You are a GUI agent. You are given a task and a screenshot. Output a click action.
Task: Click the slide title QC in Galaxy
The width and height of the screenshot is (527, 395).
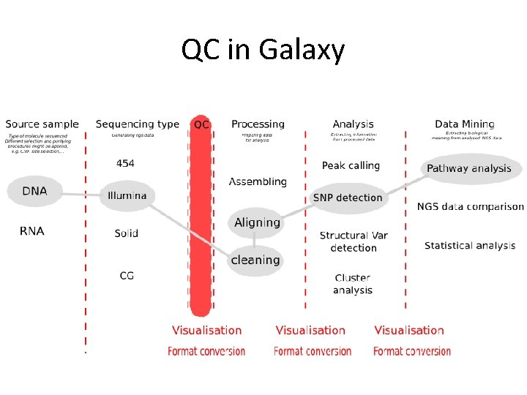click(263, 50)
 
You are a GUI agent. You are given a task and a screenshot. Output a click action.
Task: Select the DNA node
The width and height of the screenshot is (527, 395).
click(34, 192)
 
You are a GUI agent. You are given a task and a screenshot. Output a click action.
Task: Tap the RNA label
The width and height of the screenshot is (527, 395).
click(31, 231)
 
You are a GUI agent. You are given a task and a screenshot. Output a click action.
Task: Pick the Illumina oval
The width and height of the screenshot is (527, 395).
click(127, 195)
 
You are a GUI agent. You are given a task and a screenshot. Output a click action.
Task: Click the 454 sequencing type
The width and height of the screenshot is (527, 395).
click(125, 164)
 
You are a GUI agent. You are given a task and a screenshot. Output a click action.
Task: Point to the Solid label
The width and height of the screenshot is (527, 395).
click(126, 233)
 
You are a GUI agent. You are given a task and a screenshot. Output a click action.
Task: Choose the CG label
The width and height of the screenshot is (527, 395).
click(127, 275)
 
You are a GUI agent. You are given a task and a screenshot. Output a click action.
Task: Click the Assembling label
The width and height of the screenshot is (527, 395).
click(258, 181)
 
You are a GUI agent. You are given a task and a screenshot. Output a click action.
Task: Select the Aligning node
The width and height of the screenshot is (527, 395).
click(257, 222)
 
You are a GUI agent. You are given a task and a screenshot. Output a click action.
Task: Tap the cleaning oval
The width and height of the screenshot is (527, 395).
click(255, 260)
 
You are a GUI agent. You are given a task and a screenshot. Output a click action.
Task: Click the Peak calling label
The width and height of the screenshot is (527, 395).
click(351, 166)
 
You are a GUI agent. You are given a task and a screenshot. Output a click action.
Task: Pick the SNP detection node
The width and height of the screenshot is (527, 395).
click(348, 197)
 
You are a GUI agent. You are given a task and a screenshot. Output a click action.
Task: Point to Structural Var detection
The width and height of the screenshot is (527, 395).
click(354, 241)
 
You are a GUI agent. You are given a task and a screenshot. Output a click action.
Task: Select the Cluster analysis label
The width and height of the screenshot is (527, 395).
click(353, 284)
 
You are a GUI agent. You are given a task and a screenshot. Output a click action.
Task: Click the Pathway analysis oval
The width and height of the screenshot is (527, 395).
click(469, 169)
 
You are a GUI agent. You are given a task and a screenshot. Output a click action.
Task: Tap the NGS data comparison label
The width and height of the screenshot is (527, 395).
click(471, 207)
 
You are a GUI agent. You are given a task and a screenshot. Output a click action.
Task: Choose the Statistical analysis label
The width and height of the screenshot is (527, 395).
click(470, 246)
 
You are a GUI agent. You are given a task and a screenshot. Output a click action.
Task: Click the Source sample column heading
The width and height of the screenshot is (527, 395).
click(42, 124)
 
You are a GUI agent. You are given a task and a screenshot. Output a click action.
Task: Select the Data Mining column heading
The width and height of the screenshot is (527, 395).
click(464, 124)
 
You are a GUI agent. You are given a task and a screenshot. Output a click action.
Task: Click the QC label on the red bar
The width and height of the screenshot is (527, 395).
click(201, 125)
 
